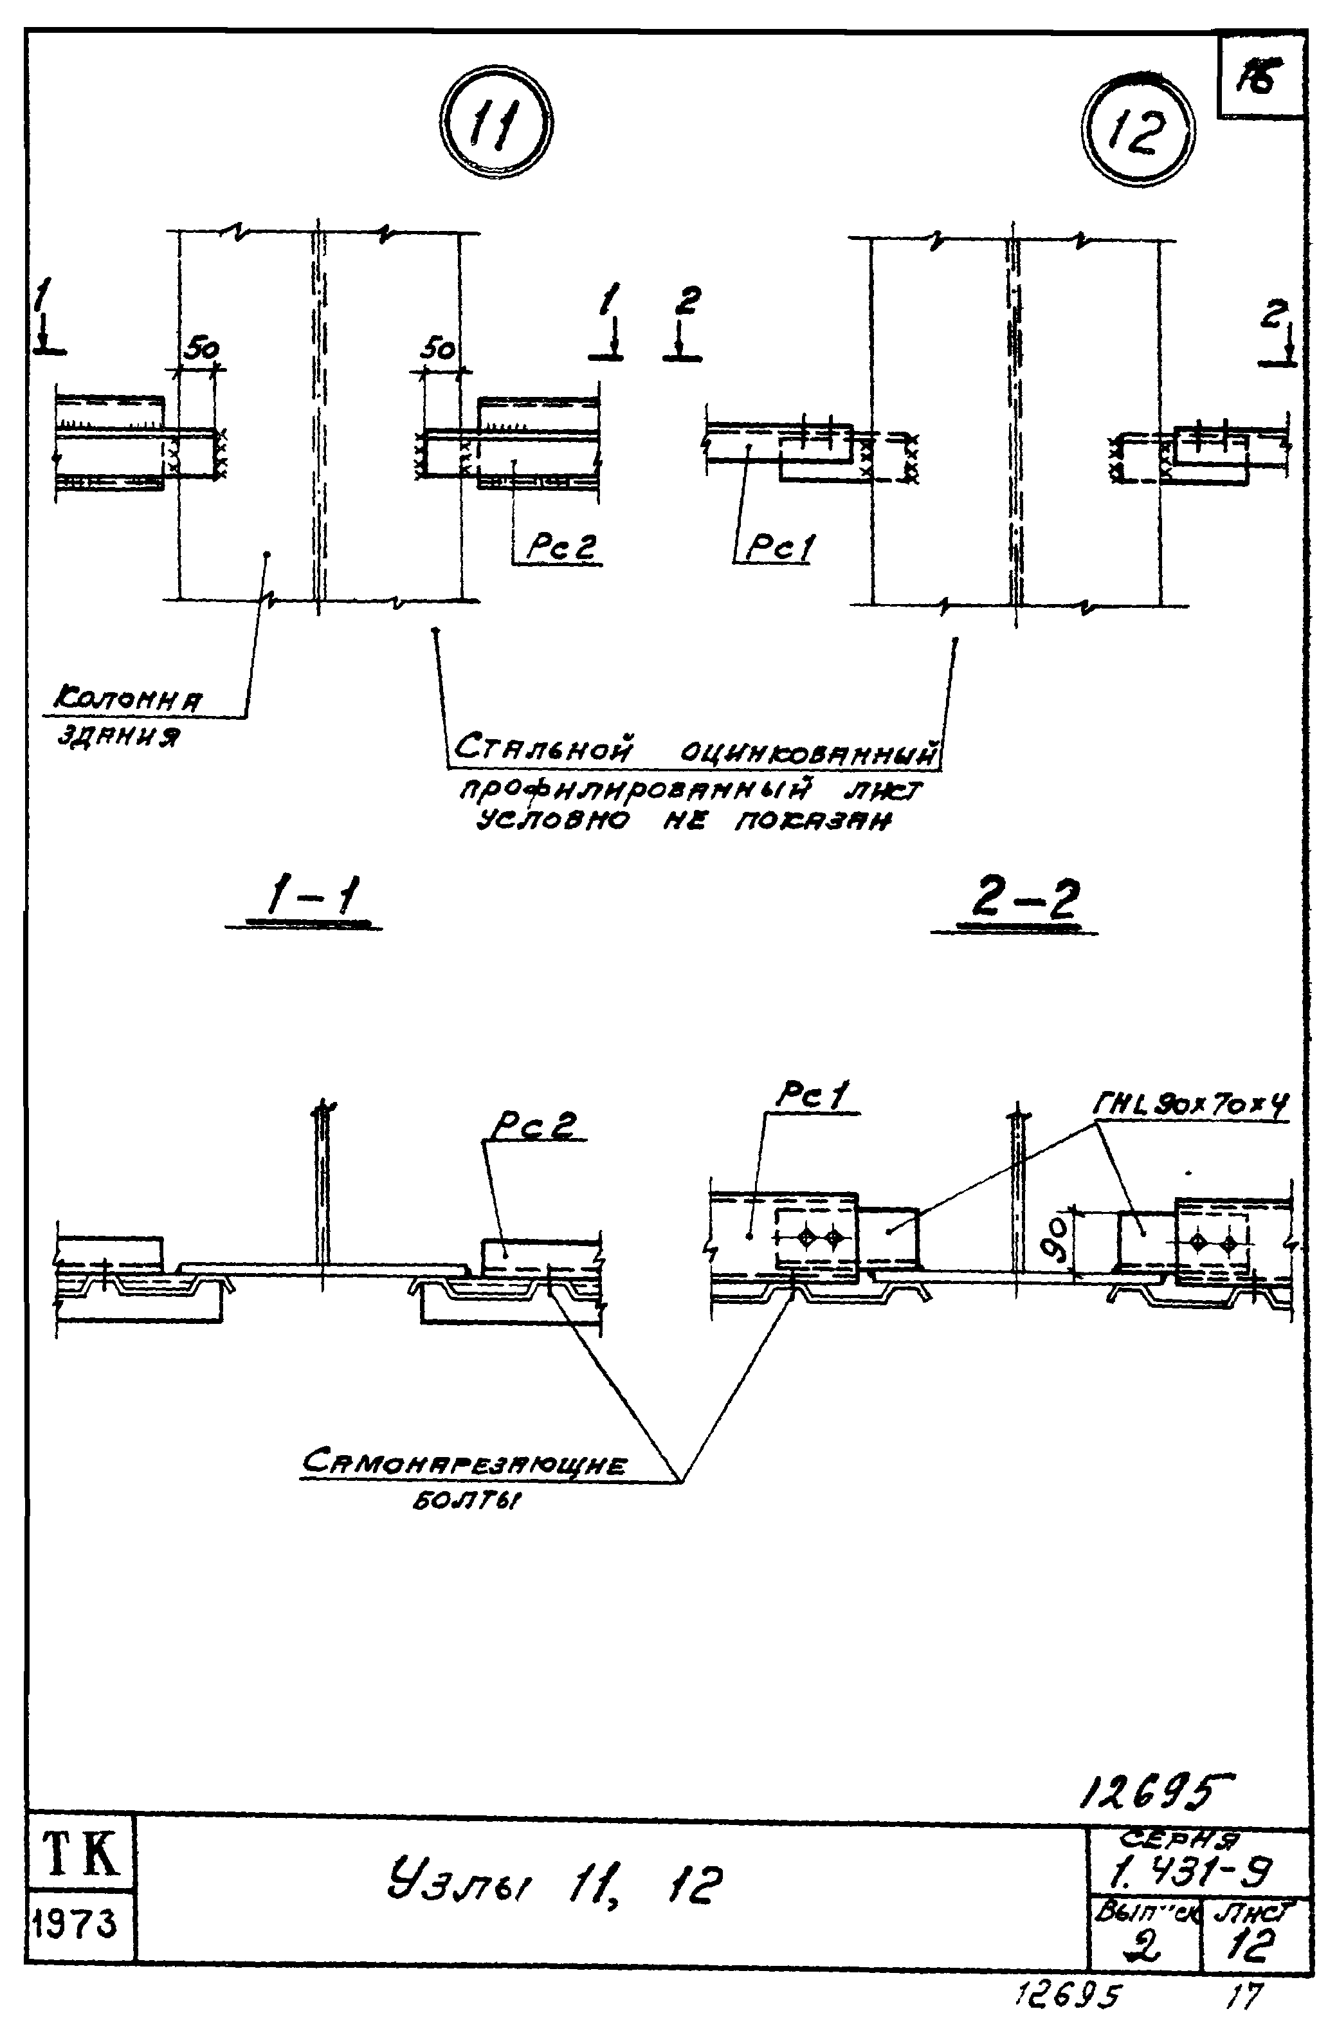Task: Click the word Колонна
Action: click(x=129, y=701)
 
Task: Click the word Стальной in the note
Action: click(x=544, y=750)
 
